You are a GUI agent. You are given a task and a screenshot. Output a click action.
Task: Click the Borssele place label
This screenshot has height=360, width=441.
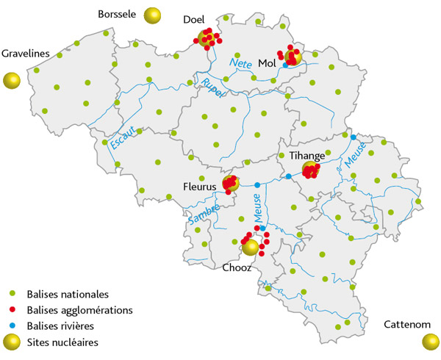point(118,13)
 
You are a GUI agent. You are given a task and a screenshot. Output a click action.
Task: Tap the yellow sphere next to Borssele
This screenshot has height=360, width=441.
point(153,15)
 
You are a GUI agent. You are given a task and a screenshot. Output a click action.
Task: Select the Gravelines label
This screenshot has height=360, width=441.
point(26,54)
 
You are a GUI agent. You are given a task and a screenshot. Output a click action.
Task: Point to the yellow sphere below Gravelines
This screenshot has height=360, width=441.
point(11,80)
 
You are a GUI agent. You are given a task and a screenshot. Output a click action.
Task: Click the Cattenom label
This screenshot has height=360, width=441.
point(404,324)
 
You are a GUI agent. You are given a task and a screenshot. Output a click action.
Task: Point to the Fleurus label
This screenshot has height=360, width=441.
point(200,187)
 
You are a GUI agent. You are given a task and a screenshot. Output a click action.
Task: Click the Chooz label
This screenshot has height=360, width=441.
point(237,268)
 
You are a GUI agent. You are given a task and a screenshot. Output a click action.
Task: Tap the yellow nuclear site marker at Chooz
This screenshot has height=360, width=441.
point(251,248)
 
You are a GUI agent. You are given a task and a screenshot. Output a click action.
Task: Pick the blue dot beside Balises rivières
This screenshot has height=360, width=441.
point(11,326)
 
